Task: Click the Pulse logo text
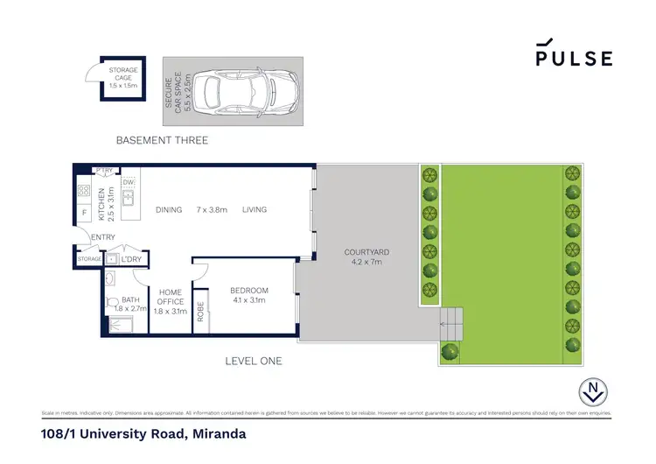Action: pyautogui.click(x=574, y=58)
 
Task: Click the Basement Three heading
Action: pyautogui.click(x=163, y=140)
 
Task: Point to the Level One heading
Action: pyautogui.click(x=254, y=361)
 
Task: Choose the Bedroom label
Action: pyautogui.click(x=249, y=295)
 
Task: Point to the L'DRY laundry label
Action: pyautogui.click(x=132, y=259)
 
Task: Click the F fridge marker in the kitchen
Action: pyautogui.click(x=84, y=212)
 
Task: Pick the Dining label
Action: pyautogui.click(x=169, y=209)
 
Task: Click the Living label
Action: pyautogui.click(x=255, y=209)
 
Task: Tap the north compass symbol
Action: pyautogui.click(x=594, y=392)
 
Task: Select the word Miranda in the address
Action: pyautogui.click(x=218, y=433)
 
